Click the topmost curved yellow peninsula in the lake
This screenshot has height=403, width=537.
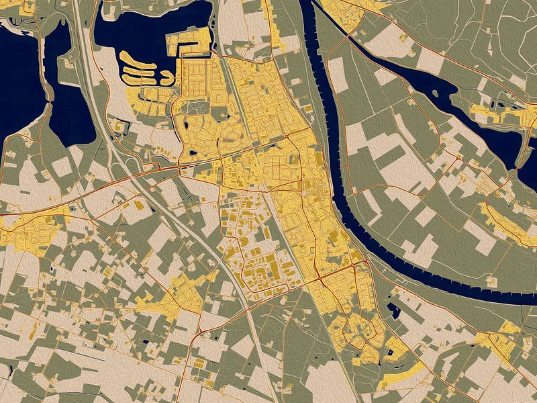(137, 59)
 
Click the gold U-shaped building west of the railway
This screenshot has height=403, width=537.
(141, 206)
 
